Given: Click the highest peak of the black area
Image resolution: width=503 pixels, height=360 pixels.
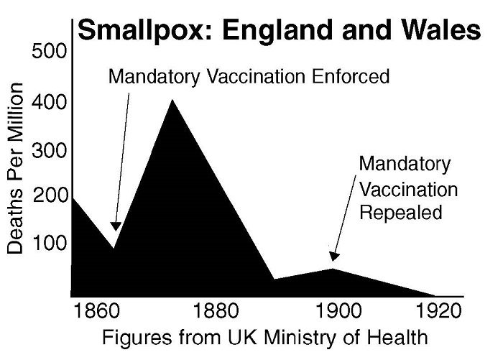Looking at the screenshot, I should [x=171, y=100].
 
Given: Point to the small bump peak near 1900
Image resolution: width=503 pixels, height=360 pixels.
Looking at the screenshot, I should [x=333, y=269].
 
